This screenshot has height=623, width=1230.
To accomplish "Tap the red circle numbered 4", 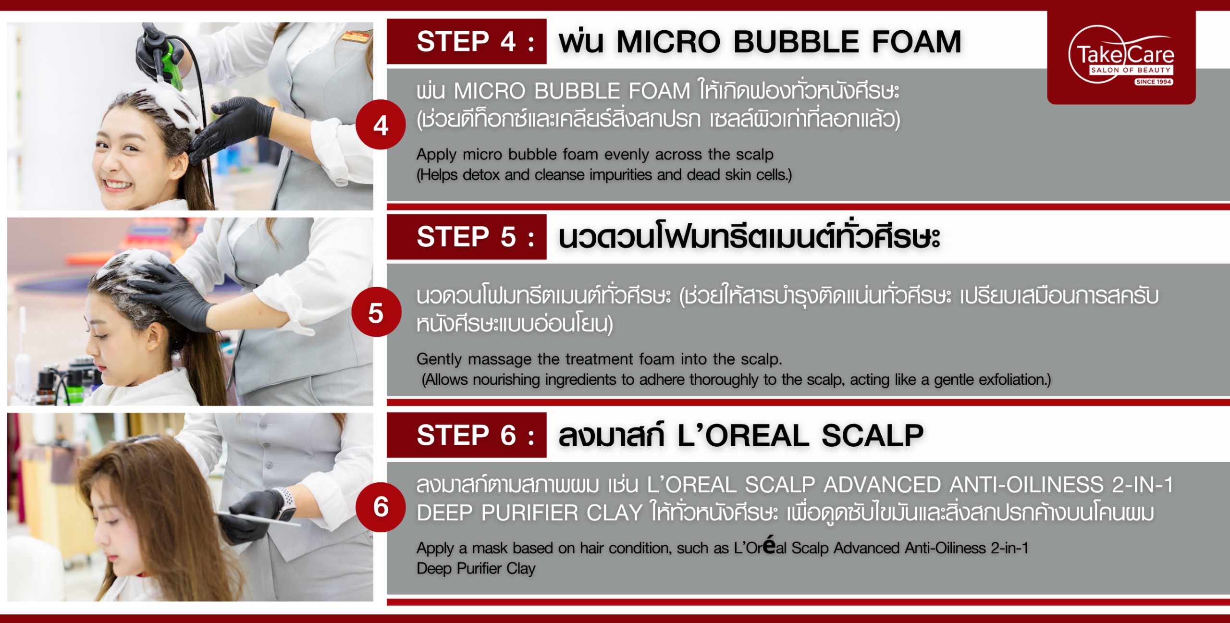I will coord(381,125).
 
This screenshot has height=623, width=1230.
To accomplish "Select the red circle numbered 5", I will coord(376,312).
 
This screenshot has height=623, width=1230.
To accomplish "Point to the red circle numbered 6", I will coord(381,507).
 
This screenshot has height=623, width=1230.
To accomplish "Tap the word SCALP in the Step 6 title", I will coord(872,436).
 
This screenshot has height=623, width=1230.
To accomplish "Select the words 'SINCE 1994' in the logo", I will coord(1154,82).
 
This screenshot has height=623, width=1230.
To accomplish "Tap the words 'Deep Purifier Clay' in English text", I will coord(476,569).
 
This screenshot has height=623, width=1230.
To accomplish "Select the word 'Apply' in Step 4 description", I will coord(436,155).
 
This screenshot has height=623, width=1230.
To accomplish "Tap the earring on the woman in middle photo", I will coord(151,345).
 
